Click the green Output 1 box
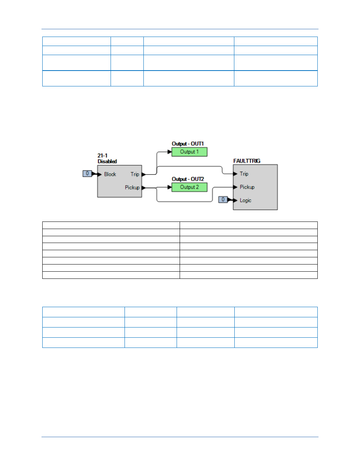[x=189, y=152]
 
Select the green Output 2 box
[x=189, y=187]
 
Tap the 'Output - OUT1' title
[x=188, y=144]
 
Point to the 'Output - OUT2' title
[x=188, y=179]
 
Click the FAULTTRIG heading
[x=247, y=161]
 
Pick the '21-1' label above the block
[x=102, y=155]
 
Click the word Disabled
[x=107, y=161]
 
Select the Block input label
[x=110, y=174]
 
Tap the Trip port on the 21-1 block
[x=135, y=174]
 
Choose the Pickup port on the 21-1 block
[x=132, y=188]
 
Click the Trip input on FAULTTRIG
[x=244, y=174]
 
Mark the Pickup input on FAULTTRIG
[x=247, y=187]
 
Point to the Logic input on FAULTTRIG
[x=245, y=200]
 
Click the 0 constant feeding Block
[x=87, y=174]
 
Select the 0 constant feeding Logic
[x=223, y=200]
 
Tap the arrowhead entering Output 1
[x=169, y=152]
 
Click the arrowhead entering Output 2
[x=169, y=187]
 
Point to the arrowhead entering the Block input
[x=99, y=174]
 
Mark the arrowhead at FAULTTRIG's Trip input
[x=235, y=174]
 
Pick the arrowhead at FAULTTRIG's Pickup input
[x=235, y=187]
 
